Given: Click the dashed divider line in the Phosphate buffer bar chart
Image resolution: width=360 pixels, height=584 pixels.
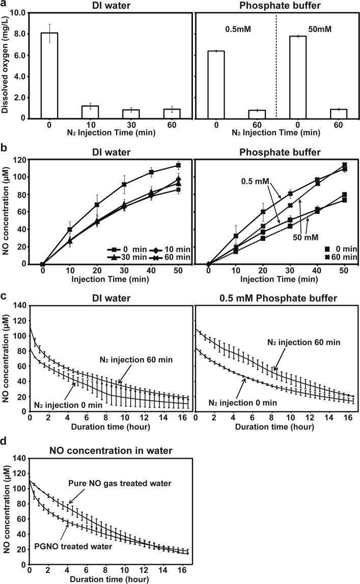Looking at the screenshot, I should tap(275, 66).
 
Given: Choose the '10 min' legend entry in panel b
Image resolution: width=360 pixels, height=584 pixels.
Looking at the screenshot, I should tap(166, 249).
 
